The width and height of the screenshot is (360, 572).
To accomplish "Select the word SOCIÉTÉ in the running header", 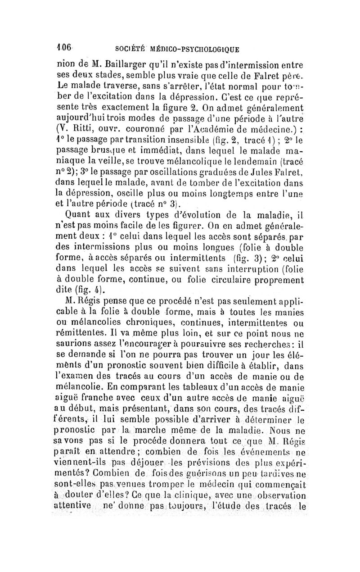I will click(x=130, y=48).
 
